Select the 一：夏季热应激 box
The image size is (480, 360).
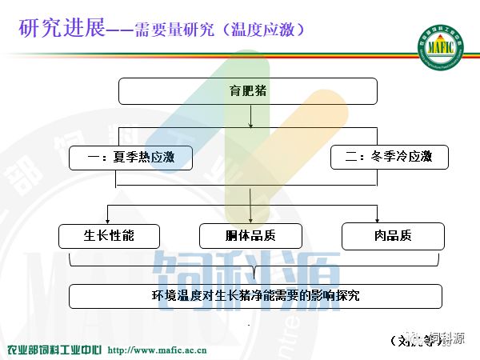(131, 158)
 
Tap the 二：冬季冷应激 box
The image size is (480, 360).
(389, 158)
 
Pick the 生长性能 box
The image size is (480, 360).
(109, 236)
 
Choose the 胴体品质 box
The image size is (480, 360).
(250, 236)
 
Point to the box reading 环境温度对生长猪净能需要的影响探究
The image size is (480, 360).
(255, 295)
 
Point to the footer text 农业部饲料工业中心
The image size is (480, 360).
(54, 350)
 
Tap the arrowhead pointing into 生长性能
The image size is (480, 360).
(109, 220)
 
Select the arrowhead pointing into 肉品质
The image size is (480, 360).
(377, 220)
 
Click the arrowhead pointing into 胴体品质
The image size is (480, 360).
(251, 220)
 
